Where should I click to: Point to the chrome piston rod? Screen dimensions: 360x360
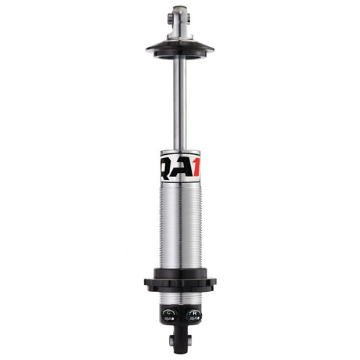180,102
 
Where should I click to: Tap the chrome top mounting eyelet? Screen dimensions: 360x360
180,16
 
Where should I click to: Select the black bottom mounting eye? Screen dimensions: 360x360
180,338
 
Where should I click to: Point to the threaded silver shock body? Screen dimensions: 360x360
180,227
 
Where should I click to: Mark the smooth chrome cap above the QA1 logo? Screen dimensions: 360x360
180,154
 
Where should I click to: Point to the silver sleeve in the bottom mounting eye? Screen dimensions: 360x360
180,341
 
